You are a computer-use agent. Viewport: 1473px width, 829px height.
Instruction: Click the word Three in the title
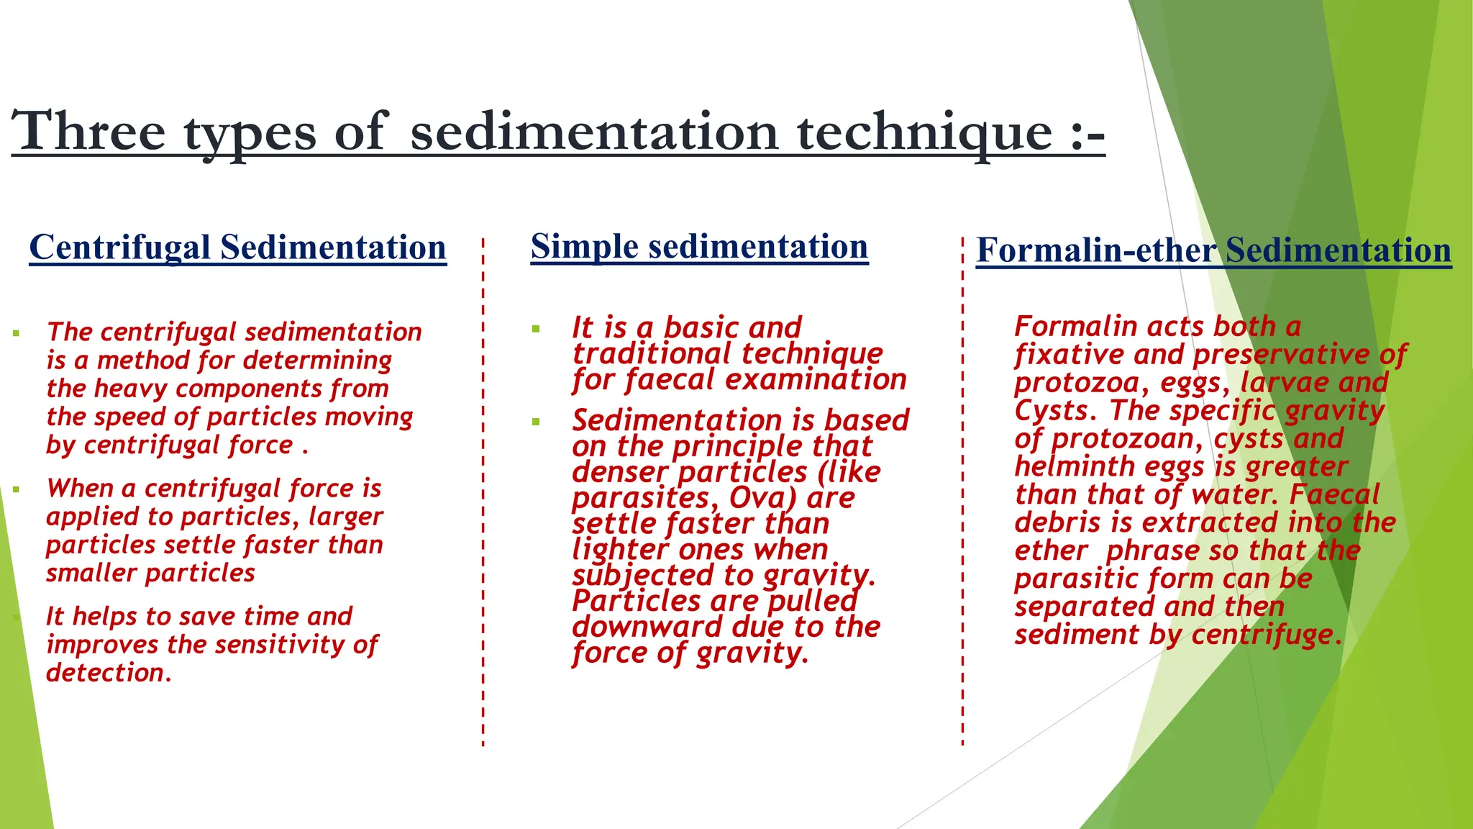[88, 131]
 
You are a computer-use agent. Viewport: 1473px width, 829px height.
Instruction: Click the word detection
[108, 673]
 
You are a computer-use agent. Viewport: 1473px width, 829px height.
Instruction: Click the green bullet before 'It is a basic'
[536, 330]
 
